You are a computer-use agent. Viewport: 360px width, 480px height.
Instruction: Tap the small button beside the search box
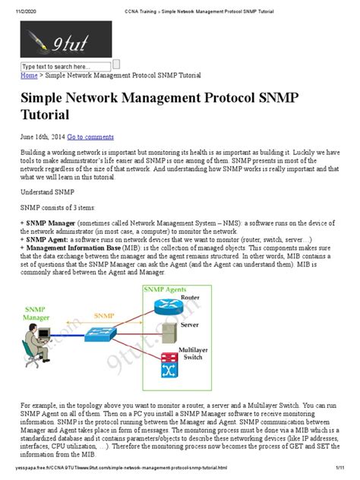click(x=116, y=65)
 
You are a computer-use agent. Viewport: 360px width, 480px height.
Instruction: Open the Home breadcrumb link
click(x=29, y=76)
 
